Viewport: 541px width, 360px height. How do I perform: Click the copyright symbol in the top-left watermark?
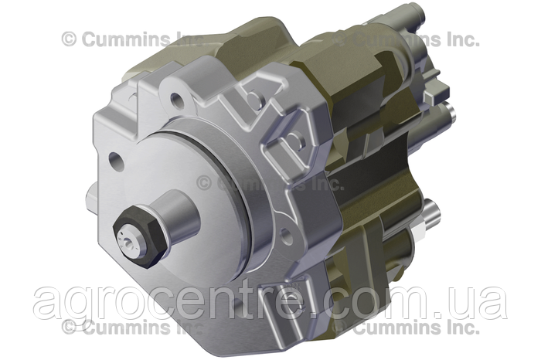tap(69, 38)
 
